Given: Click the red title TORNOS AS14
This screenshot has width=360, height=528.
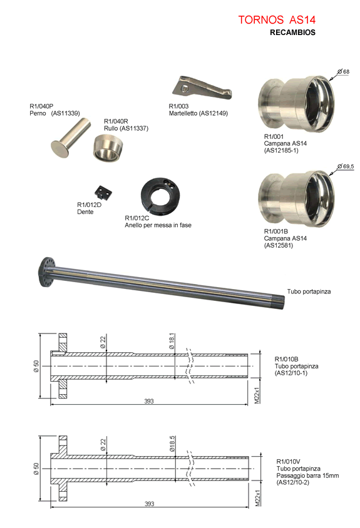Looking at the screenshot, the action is point(277,20).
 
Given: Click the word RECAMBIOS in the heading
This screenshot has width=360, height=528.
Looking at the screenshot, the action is point(292,33).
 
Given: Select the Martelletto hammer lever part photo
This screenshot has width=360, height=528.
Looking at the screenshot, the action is point(202,88).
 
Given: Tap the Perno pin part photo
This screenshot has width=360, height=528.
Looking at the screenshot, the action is point(71,137).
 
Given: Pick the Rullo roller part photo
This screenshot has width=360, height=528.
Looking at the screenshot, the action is point(108,147).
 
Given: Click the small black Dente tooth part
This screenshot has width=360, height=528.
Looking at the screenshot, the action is point(103,193).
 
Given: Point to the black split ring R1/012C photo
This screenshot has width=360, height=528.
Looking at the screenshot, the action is point(160,196).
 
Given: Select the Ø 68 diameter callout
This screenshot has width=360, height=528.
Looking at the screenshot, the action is point(343,72).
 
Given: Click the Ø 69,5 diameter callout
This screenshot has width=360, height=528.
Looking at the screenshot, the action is point(346,166).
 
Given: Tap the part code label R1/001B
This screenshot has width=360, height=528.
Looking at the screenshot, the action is point(275,231).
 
